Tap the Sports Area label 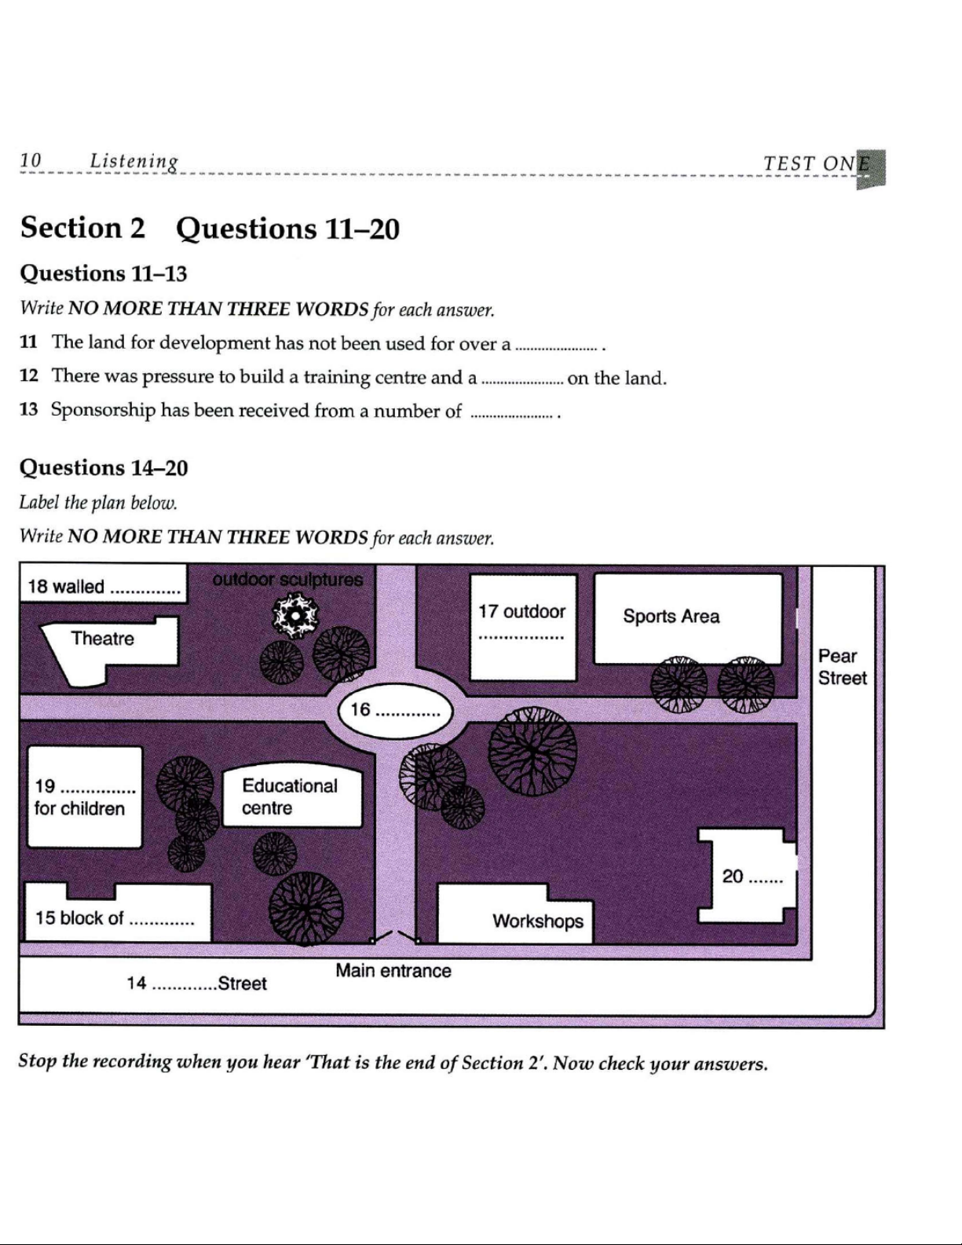click(671, 617)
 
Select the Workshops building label click(538, 921)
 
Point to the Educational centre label click(290, 797)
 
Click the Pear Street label click(843, 667)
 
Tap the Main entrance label click(393, 971)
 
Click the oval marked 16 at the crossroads click(396, 711)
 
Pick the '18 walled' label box click(104, 584)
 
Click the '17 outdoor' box click(523, 628)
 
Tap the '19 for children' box click(85, 797)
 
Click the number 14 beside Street click(137, 983)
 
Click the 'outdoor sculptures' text click(287, 580)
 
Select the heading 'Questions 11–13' click(104, 273)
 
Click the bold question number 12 click(28, 375)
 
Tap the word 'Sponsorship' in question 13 click(103, 411)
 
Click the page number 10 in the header click(31, 160)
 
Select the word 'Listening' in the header click(134, 162)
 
